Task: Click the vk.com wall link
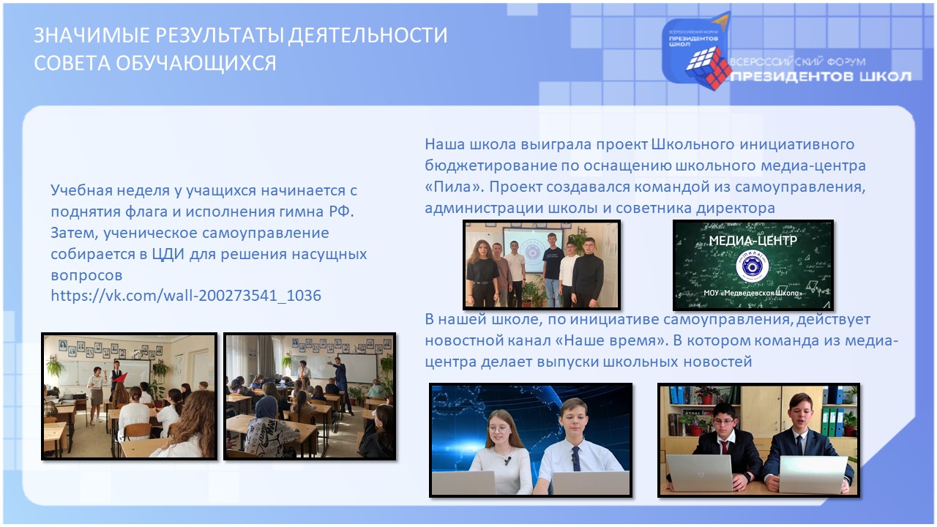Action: click(186, 296)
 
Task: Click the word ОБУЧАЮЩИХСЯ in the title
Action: click(195, 63)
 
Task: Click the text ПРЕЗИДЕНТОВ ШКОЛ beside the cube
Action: click(821, 77)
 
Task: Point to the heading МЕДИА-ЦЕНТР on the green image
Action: click(753, 240)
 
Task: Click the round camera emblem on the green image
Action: click(752, 266)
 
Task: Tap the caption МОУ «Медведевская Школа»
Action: click(753, 293)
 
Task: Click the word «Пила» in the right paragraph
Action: click(455, 187)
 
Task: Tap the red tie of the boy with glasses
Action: click(723, 447)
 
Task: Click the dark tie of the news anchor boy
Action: click(576, 458)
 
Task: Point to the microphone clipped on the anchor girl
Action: click(507, 461)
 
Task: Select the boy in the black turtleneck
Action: click(587, 272)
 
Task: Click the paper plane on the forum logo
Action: click(721, 21)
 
